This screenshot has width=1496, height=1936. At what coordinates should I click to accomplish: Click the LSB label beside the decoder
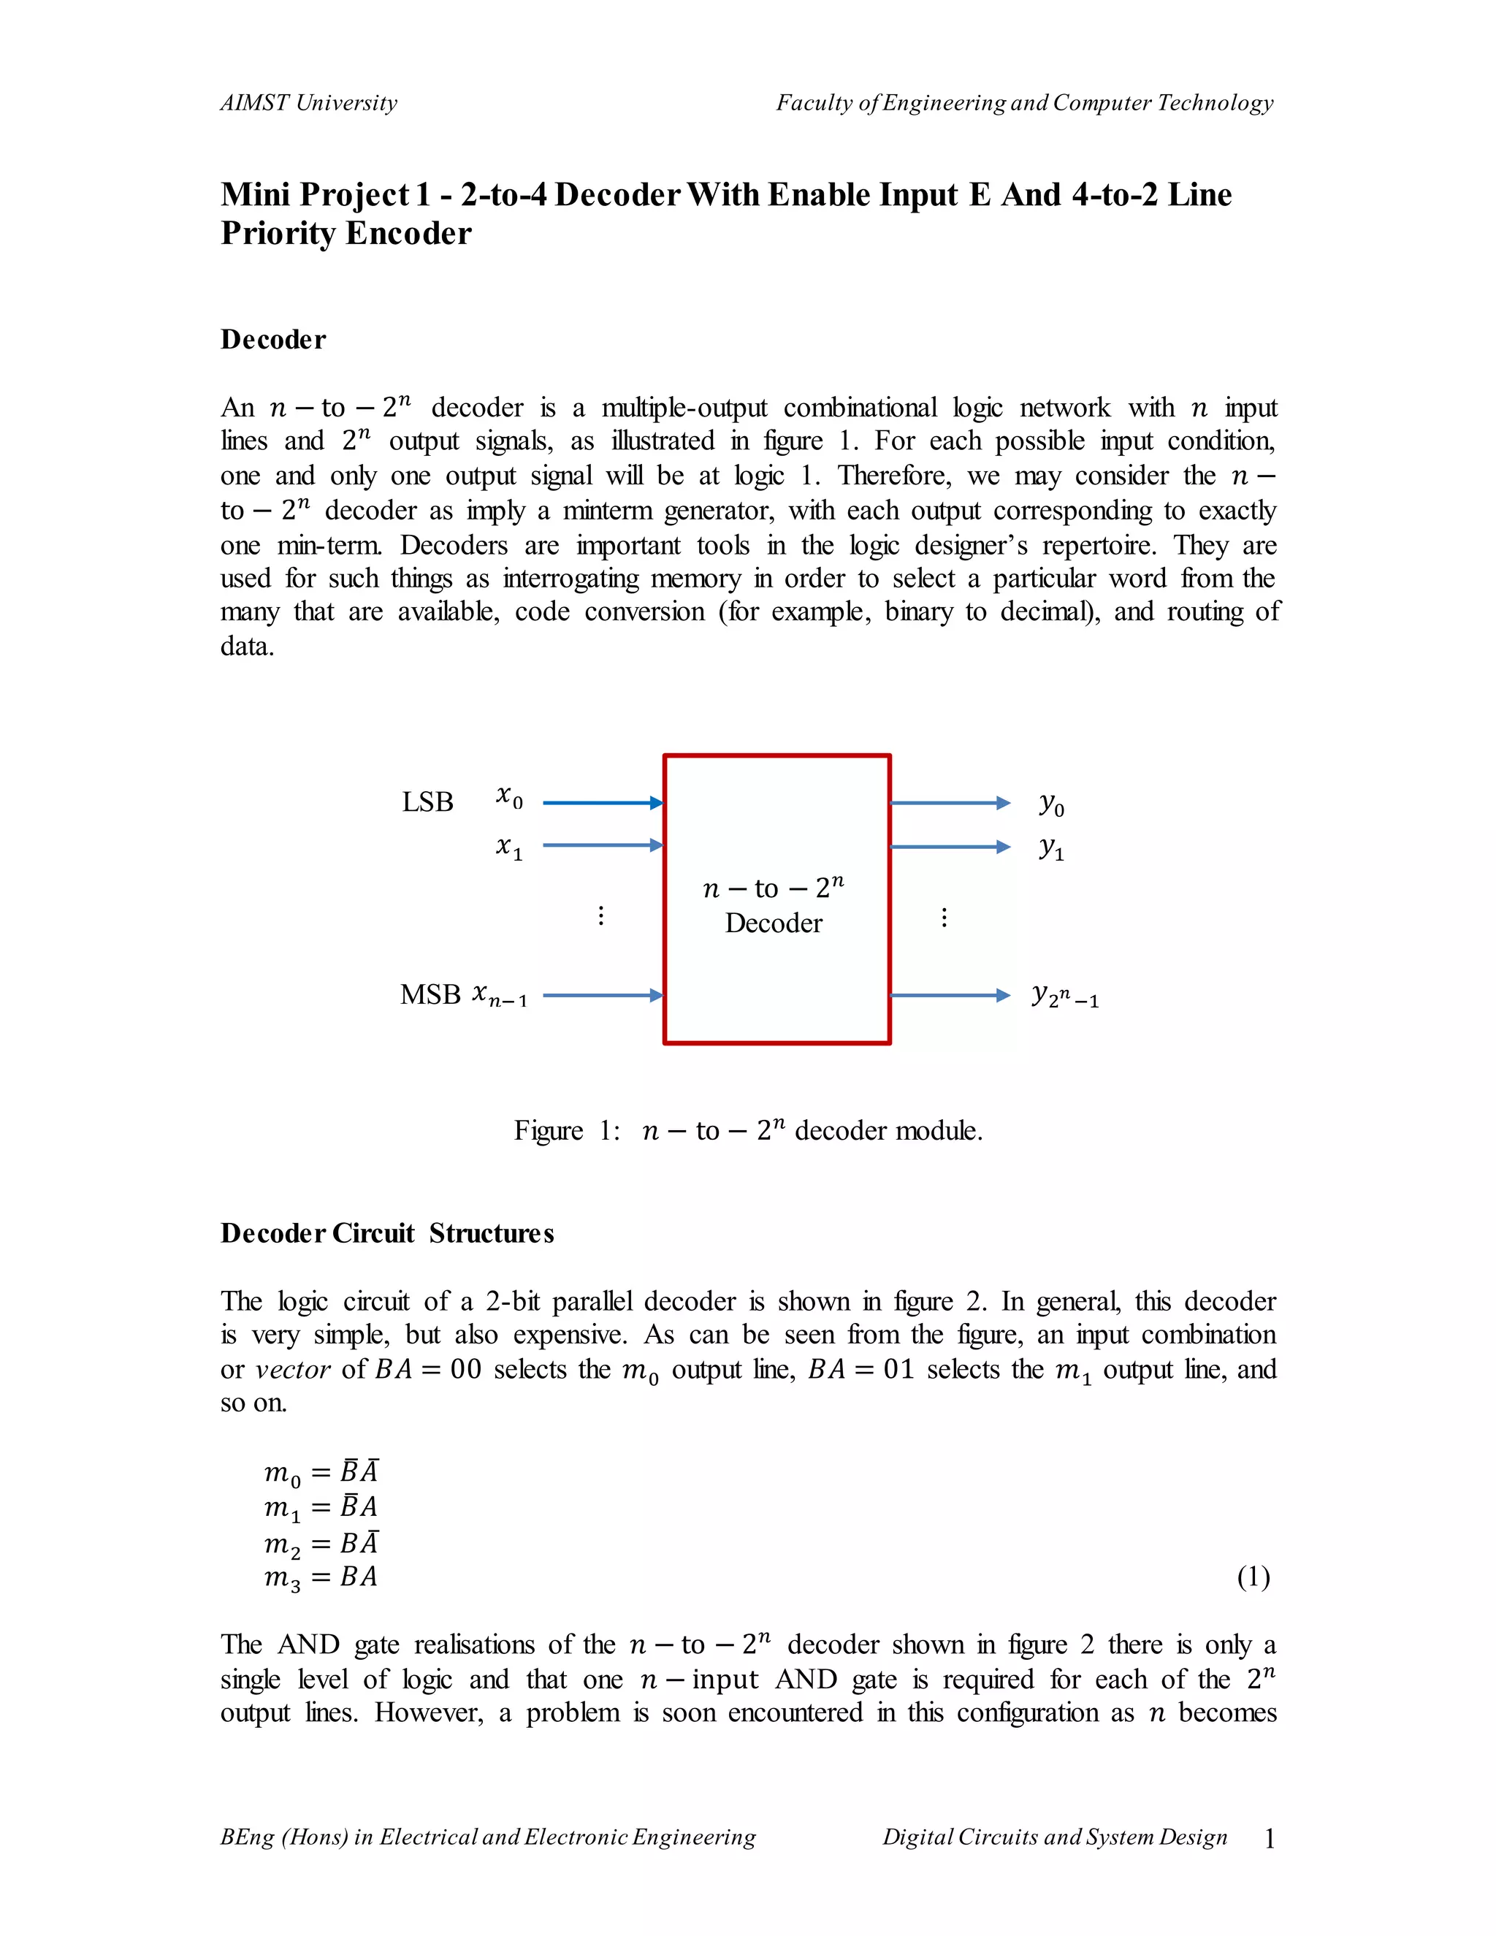coord(427,801)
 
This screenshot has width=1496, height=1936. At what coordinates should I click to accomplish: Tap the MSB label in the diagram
coord(430,994)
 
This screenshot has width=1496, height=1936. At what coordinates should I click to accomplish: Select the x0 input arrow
coord(603,802)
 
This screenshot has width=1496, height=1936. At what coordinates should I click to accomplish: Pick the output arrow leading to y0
coord(949,802)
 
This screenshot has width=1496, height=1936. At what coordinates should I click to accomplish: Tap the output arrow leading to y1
coord(949,847)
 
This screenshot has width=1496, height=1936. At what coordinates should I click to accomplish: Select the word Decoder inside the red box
coord(773,923)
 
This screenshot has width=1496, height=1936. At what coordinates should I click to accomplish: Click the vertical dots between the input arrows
coord(601,915)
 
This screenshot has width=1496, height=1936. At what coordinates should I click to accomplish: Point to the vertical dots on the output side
coord(944,917)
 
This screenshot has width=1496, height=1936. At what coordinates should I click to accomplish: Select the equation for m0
coord(321,1472)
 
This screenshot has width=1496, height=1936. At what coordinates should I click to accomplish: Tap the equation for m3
coord(321,1577)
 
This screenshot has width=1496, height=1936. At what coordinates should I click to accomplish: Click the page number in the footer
coord(1269,1839)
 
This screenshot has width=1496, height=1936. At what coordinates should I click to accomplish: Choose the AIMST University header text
coord(308,103)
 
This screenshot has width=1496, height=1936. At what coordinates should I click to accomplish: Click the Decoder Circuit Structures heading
coord(386,1233)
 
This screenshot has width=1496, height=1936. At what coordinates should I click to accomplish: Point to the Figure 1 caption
coord(748,1130)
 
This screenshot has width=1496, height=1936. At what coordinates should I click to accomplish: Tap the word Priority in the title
coord(278,233)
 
